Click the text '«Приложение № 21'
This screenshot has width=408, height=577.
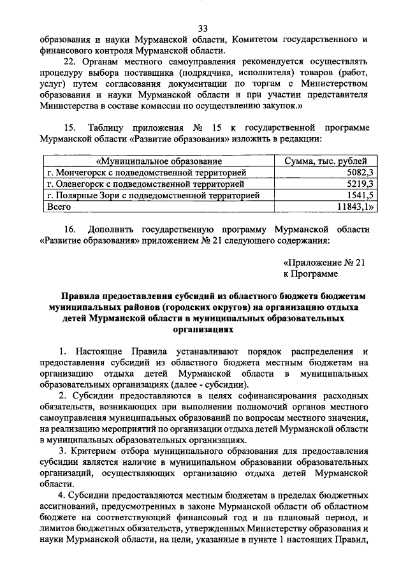[324, 262]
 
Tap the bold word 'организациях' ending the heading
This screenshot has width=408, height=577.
[204, 331]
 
